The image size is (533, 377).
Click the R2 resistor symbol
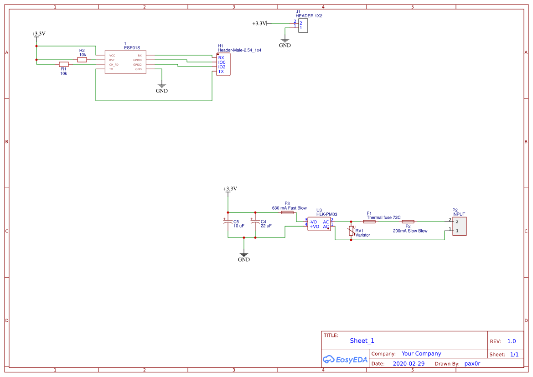pos(82,60)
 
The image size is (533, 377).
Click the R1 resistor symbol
pos(64,64)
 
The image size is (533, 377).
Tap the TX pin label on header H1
pos(221,72)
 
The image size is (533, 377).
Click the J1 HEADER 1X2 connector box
pos(303,26)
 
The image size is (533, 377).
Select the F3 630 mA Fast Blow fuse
pos(287,212)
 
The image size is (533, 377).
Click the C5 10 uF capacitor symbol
pos(228,223)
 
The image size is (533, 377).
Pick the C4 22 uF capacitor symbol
pos(255,223)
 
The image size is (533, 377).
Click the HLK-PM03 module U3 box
pos(319,224)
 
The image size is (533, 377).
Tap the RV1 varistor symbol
pos(351,231)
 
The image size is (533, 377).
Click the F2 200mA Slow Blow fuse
pos(408,222)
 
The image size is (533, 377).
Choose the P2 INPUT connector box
pos(459,226)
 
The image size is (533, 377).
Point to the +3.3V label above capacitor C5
pos(230,189)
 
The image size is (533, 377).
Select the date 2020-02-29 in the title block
pos(409,364)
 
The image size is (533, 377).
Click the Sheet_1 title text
pos(362,341)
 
